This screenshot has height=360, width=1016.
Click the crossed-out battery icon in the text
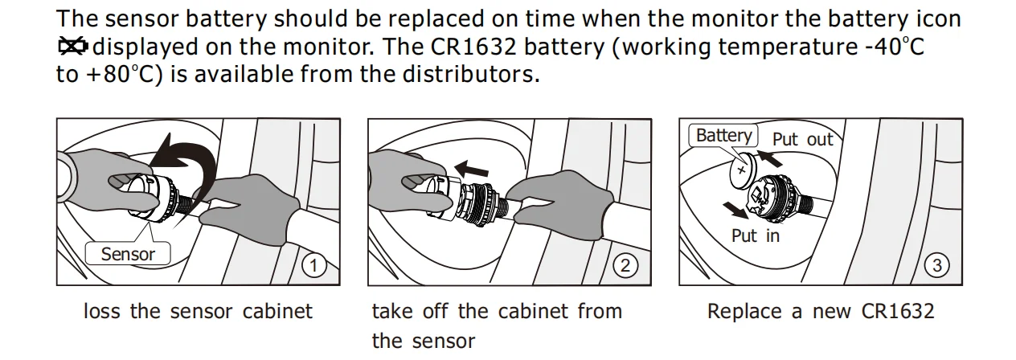point(73,47)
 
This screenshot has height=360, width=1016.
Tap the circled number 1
point(313,264)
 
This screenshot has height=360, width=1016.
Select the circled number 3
point(937,264)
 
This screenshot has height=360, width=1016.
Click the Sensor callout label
point(128,254)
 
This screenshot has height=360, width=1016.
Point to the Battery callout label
point(723,135)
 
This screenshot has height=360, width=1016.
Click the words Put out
point(802,139)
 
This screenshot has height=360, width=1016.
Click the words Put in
point(755,235)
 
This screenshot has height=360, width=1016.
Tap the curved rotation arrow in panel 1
point(186,161)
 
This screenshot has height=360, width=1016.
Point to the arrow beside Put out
point(770,157)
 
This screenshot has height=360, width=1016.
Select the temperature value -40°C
point(893,47)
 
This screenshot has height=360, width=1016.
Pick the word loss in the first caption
point(103,311)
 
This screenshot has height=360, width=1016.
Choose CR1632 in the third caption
point(897,311)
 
